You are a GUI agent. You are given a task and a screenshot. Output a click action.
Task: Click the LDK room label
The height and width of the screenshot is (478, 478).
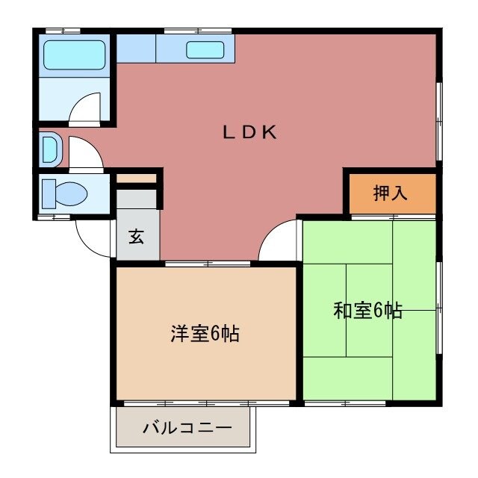250,133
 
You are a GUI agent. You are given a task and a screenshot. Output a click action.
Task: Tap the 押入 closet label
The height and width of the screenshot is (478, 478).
390,193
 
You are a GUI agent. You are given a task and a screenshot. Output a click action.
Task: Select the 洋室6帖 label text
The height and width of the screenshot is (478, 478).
204,334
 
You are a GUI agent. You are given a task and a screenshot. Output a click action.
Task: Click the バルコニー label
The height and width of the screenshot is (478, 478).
187,429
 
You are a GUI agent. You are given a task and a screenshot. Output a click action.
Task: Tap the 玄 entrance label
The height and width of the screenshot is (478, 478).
136,237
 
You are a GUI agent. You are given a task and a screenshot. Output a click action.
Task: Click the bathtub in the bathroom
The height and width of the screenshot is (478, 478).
73,55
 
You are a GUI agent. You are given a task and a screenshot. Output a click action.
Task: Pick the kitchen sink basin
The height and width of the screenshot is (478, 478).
204,50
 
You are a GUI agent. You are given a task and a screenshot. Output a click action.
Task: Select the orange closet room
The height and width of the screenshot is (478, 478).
390,193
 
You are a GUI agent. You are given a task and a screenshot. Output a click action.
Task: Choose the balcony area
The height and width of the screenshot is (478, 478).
187,429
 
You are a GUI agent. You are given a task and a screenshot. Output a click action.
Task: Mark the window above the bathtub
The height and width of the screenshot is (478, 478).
63,30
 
